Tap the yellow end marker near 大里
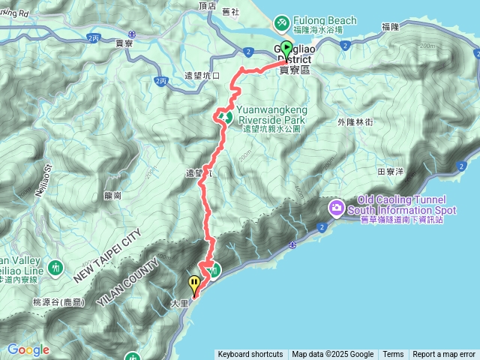pos(195,284)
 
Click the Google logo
pos(28,349)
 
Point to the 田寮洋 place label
pos(391,171)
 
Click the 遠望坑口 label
pos(202,76)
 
